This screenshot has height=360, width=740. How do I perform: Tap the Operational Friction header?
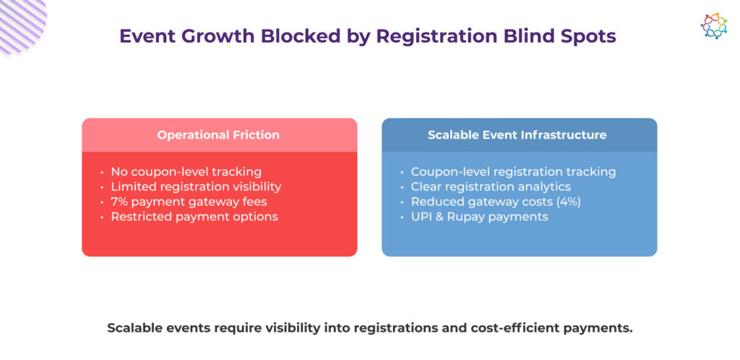pos(218,135)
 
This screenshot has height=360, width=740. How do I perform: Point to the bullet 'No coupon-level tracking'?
pos(186,172)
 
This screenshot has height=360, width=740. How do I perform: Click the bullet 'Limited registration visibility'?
pos(196,187)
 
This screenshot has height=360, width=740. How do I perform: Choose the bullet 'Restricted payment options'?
pos(194,217)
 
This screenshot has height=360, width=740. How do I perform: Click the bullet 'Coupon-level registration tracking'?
pos(513,172)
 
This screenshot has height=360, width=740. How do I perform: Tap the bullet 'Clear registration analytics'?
pos(491,187)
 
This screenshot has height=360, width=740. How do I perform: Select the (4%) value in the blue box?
pos(567,202)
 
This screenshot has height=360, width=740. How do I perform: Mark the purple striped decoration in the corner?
pos(20,22)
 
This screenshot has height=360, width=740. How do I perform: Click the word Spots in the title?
pos(589,36)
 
